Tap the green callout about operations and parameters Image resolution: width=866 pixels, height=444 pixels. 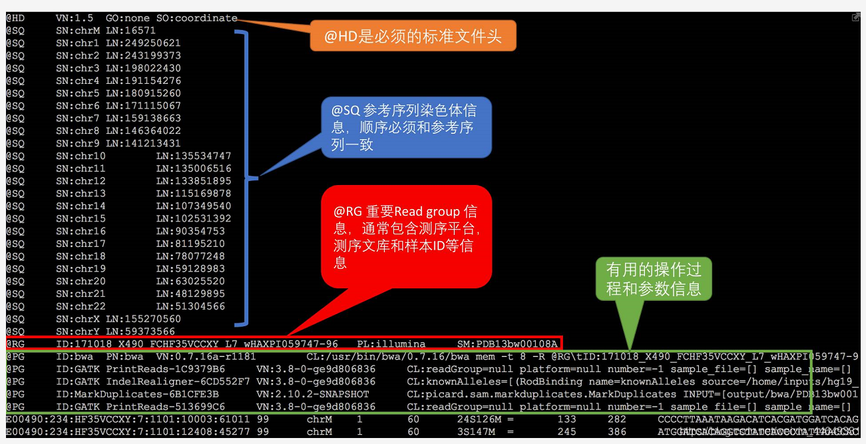pos(654,278)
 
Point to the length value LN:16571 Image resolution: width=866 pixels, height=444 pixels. pos(130,31)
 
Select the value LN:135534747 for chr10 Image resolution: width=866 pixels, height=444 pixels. pos(194,156)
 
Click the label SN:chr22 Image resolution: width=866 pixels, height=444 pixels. pos(81,306)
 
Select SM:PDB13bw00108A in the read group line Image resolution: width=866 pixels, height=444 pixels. pos(507,344)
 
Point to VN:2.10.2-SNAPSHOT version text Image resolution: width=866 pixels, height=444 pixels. pos(313,394)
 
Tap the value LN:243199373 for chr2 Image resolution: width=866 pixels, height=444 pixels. pos(143,56)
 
